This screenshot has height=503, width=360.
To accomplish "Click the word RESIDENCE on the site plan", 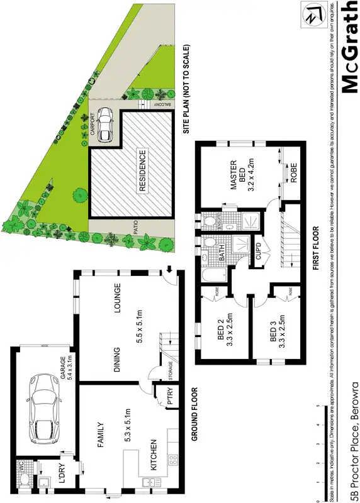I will pos(142,170).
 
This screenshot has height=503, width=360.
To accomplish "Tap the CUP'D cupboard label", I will pos(258,254).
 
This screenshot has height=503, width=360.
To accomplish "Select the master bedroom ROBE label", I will pos(293,174).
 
